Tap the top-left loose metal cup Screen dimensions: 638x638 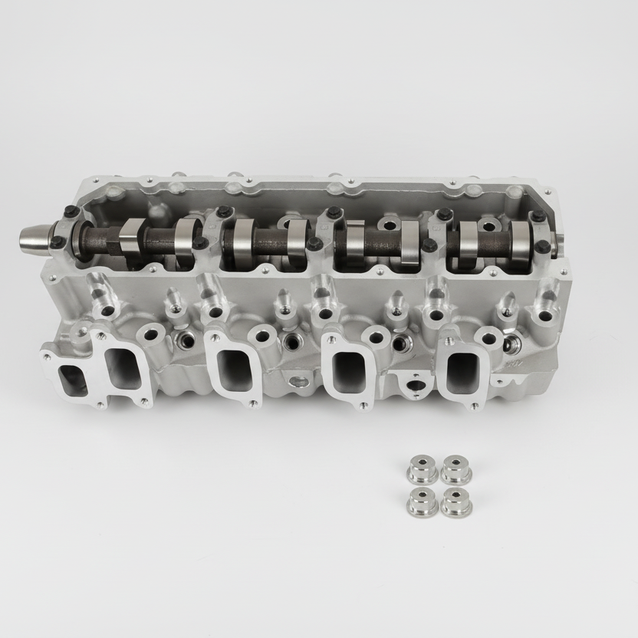[x=420, y=468]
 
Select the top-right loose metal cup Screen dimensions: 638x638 [x=455, y=469]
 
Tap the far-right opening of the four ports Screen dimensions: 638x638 [x=463, y=370]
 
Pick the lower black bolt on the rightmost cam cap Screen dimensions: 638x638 [x=543, y=247]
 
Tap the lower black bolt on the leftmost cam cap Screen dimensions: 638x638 [x=58, y=243]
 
